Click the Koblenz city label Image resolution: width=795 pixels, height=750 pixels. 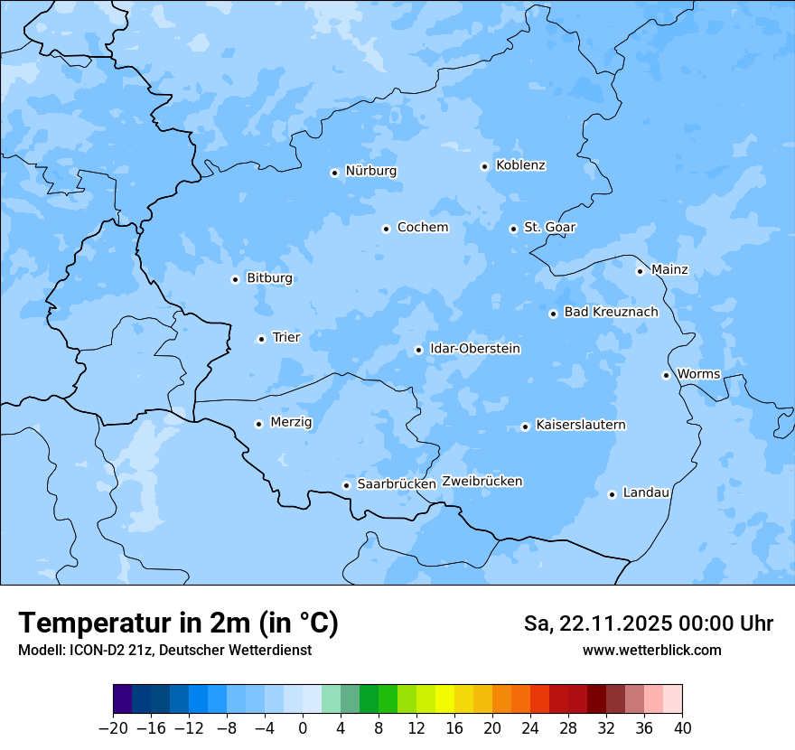click(520, 165)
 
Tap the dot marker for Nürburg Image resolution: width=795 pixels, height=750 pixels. click(334, 173)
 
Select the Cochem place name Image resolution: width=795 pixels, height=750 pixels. click(422, 228)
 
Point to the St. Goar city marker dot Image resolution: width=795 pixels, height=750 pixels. click(513, 229)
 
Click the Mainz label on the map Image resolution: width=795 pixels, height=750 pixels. click(669, 269)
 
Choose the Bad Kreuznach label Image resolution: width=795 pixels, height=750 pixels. click(611, 313)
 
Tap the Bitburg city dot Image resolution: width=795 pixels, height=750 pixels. click(235, 279)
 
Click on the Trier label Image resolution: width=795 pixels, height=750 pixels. click(286, 338)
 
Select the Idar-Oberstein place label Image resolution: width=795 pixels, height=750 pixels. click(475, 349)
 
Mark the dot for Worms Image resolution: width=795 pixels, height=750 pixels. click(666, 375)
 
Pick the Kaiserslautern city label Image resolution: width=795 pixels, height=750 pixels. click(580, 425)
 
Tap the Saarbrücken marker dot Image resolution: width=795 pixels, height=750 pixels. click(346, 485)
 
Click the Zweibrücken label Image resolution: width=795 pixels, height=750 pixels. click(482, 482)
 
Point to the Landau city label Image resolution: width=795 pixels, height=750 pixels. click(646, 493)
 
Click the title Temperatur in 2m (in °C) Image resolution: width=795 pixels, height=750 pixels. click(178, 623)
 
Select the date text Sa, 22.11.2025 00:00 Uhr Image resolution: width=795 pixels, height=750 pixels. click(648, 623)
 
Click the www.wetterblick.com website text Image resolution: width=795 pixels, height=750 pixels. click(651, 650)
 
